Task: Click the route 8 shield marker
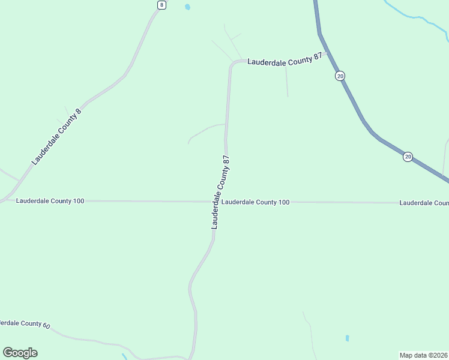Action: click(161, 5)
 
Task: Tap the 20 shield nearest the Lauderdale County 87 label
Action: click(340, 76)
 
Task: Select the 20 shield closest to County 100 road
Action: click(408, 157)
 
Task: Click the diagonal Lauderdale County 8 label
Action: click(56, 137)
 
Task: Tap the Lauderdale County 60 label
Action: click(25, 323)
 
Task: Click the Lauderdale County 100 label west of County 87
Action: click(50, 200)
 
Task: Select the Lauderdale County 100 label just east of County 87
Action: click(255, 202)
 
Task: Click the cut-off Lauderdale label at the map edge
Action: click(424, 203)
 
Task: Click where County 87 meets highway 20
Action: click(327, 52)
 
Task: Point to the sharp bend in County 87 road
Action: click(231, 64)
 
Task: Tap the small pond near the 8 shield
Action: click(188, 7)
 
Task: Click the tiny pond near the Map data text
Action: click(348, 338)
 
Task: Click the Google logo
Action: click(20, 353)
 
